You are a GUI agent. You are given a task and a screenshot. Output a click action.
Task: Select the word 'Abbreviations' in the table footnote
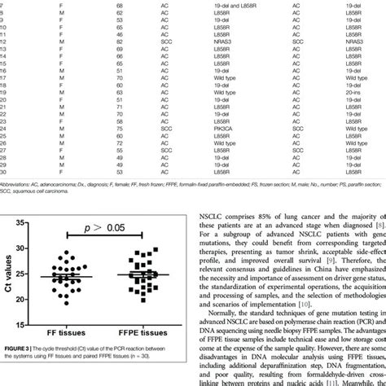(21, 185)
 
